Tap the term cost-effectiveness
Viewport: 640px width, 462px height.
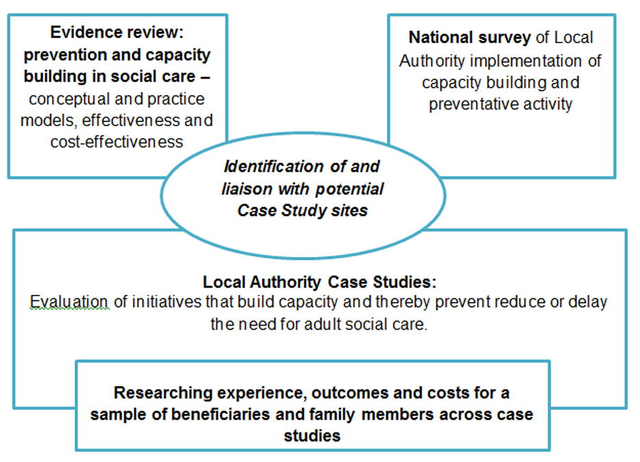pyautogui.click(x=116, y=142)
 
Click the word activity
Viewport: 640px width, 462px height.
pyautogui.click(x=548, y=105)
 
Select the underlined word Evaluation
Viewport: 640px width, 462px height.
pyautogui.click(x=69, y=302)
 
